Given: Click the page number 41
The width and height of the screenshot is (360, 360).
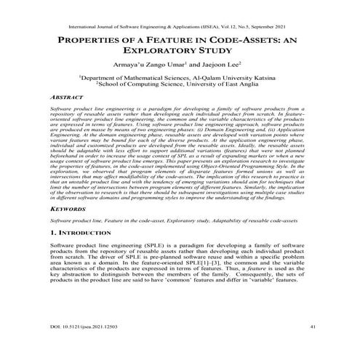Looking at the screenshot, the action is [312, 328].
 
